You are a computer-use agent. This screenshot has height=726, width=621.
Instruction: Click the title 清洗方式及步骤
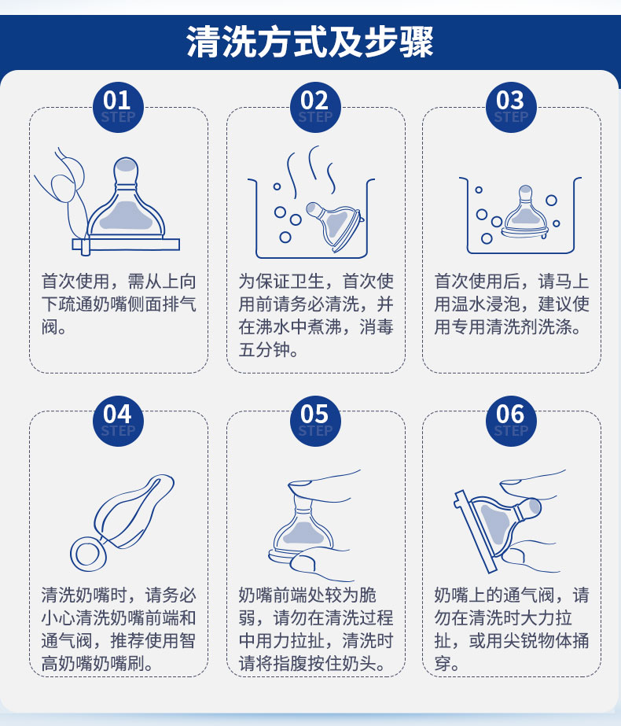click(x=310, y=42)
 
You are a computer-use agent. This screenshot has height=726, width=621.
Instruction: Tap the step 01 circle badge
click(x=118, y=108)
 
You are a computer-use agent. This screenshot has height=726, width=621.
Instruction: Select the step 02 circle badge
click(x=315, y=108)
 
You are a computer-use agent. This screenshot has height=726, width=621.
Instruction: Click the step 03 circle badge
click(x=511, y=108)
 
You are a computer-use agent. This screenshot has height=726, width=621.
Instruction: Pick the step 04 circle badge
click(x=118, y=421)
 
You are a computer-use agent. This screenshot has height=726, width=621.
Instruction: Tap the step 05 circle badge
click(x=315, y=421)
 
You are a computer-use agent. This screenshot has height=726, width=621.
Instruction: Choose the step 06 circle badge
click(x=511, y=421)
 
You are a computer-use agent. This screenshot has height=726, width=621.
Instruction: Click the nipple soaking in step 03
click(x=526, y=212)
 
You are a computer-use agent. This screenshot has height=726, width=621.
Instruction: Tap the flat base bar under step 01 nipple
click(x=126, y=245)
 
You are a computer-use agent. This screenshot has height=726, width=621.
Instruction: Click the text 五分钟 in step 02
click(x=264, y=349)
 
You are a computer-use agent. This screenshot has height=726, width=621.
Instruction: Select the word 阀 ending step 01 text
click(x=50, y=327)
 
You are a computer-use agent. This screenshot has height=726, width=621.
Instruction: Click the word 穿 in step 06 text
click(x=443, y=663)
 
